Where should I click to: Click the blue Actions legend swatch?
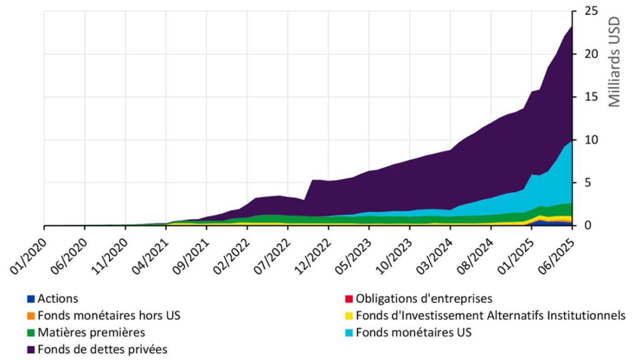click(31, 299)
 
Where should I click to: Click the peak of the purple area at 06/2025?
click(572, 26)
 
